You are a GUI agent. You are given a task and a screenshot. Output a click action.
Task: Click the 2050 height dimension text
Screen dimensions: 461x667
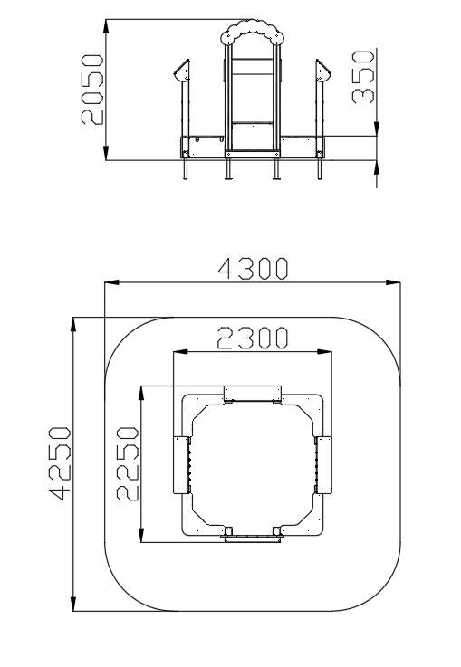click(x=92, y=90)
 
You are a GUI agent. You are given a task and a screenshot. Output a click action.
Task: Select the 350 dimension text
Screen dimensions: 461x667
click(x=363, y=77)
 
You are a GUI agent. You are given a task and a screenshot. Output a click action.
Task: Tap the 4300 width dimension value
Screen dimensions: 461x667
click(x=253, y=269)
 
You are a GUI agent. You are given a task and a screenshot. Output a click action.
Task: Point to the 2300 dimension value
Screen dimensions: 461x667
click(x=253, y=338)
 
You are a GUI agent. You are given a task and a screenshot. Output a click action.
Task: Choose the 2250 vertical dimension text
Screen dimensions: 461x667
click(x=128, y=464)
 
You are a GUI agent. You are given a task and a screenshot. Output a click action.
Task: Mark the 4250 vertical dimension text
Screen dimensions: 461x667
click(x=60, y=463)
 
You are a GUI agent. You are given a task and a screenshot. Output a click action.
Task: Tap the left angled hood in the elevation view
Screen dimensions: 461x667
click(x=182, y=71)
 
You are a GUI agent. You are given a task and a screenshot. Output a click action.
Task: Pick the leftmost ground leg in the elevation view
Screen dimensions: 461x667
click(x=185, y=168)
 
